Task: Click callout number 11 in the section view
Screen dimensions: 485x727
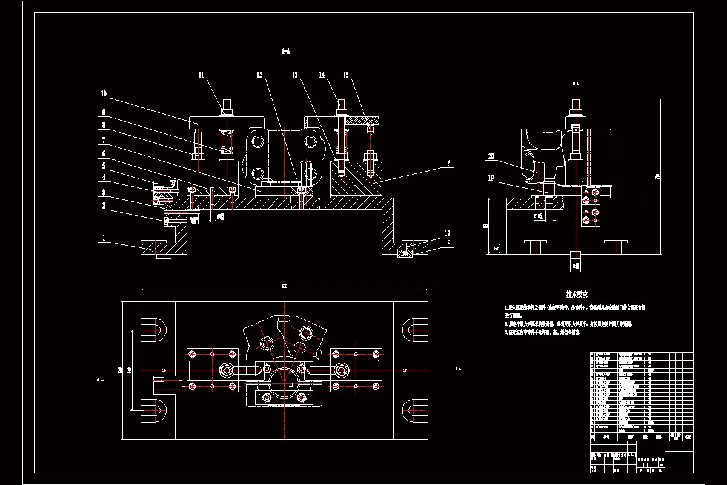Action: tap(201, 75)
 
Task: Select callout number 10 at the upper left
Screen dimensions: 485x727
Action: tap(104, 94)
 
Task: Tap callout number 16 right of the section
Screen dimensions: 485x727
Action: tap(448, 163)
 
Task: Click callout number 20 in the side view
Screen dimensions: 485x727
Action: tap(491, 156)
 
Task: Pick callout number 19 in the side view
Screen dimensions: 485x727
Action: tap(491, 178)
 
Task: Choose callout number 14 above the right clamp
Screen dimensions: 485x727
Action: tap(322, 75)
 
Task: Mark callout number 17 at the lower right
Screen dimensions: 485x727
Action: tap(448, 233)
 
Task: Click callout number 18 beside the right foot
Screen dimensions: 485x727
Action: tap(448, 243)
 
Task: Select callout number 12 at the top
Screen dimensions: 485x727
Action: tap(260, 75)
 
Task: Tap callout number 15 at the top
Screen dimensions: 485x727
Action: tap(346, 75)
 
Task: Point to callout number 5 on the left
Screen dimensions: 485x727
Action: tap(104, 165)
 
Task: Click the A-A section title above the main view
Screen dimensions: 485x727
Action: tap(285, 52)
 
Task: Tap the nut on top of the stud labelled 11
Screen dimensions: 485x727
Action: tap(228, 112)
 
